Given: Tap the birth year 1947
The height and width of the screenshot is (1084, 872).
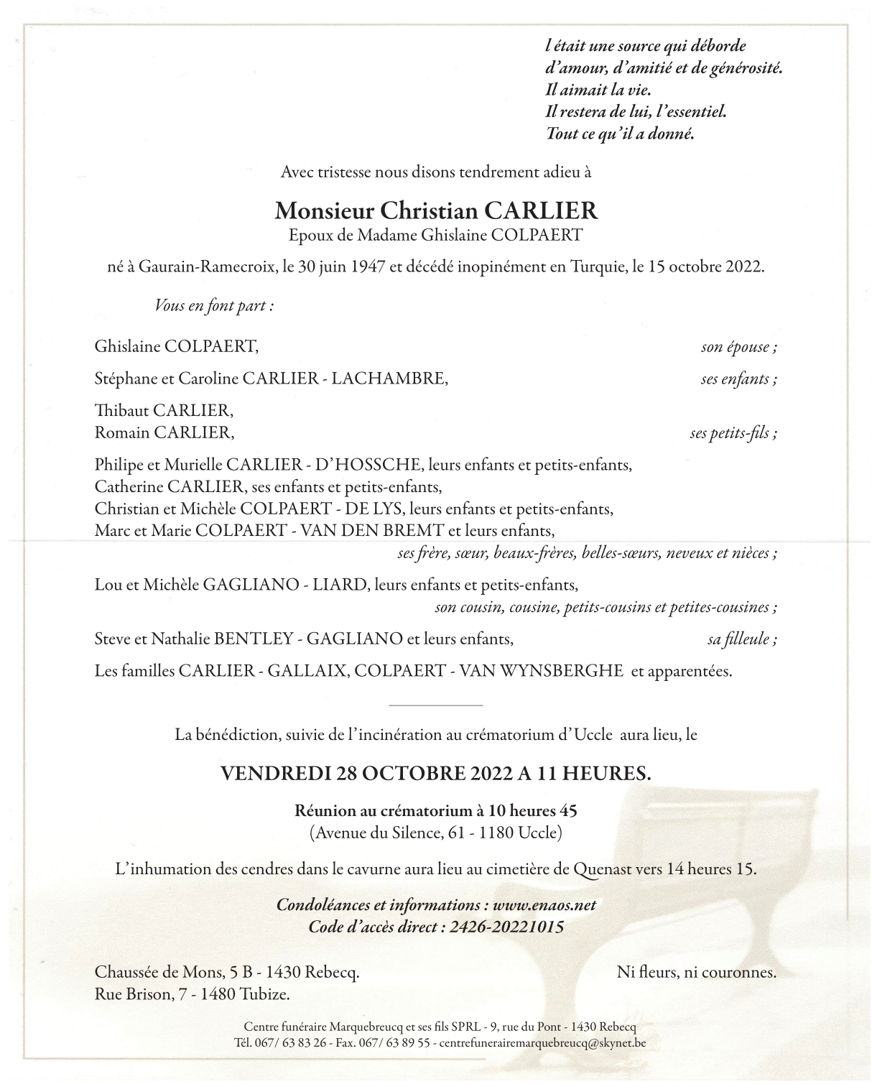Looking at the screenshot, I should click(x=368, y=267).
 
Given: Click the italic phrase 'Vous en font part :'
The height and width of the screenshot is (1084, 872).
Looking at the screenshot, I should click(x=215, y=305).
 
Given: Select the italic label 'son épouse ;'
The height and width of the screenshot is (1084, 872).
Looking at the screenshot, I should click(x=738, y=348).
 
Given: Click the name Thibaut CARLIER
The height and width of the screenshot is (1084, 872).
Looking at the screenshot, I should click(x=164, y=411).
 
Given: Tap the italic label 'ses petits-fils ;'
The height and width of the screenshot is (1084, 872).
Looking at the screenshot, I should click(x=733, y=433).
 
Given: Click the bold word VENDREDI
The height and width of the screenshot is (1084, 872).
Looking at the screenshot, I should click(x=275, y=774).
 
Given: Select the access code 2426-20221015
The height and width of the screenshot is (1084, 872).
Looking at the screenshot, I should click(x=506, y=927).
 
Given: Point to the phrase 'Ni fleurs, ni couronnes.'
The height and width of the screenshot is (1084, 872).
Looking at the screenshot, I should click(x=696, y=973).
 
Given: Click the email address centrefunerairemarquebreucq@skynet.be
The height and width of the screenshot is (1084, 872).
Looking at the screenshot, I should click(x=542, y=1042).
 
